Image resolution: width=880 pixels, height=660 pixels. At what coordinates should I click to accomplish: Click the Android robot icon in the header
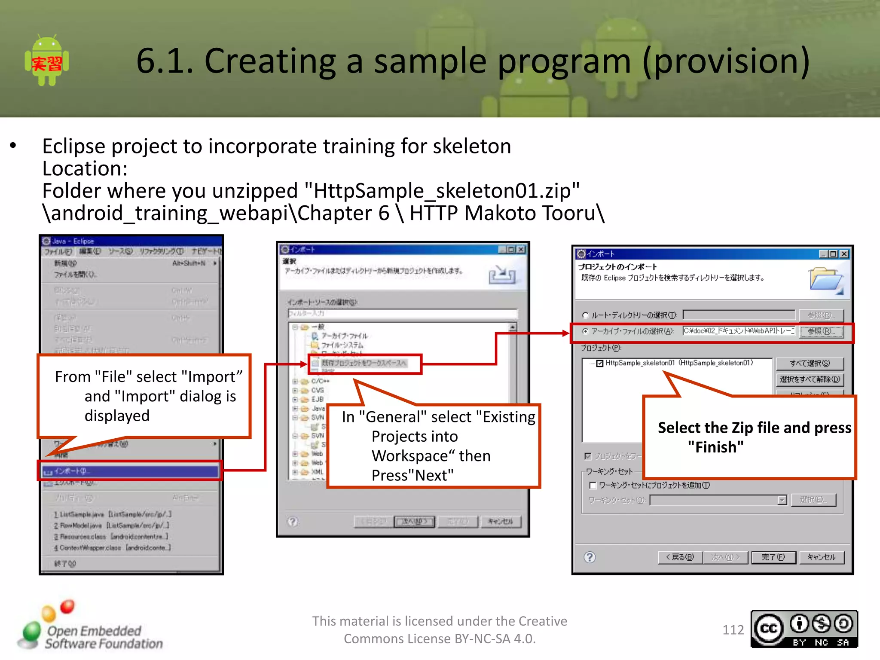coord(47,61)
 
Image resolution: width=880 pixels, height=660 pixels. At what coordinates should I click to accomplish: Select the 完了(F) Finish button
coord(773,557)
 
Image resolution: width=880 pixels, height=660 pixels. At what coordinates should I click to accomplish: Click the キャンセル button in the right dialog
coord(821,557)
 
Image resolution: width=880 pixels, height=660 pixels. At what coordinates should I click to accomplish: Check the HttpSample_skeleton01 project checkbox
coord(600,364)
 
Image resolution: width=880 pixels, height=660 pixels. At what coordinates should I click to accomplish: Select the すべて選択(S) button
coord(810,364)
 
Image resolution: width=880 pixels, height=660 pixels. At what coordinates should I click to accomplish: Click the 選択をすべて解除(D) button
coord(810,379)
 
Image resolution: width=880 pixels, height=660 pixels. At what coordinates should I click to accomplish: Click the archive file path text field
coord(739,331)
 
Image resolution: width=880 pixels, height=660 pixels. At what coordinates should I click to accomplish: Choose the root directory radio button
coord(585,315)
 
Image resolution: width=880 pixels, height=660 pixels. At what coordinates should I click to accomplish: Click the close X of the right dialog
coord(844,254)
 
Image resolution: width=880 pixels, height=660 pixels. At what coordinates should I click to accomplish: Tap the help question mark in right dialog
coord(590,557)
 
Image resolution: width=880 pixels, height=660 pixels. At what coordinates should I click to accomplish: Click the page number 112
coord(733,630)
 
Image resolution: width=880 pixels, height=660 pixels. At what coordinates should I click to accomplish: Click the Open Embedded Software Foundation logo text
coord(103,637)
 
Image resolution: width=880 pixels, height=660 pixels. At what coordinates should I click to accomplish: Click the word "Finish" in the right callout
coord(715,447)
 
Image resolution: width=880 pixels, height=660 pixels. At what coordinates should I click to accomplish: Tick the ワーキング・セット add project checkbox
coord(593,486)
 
